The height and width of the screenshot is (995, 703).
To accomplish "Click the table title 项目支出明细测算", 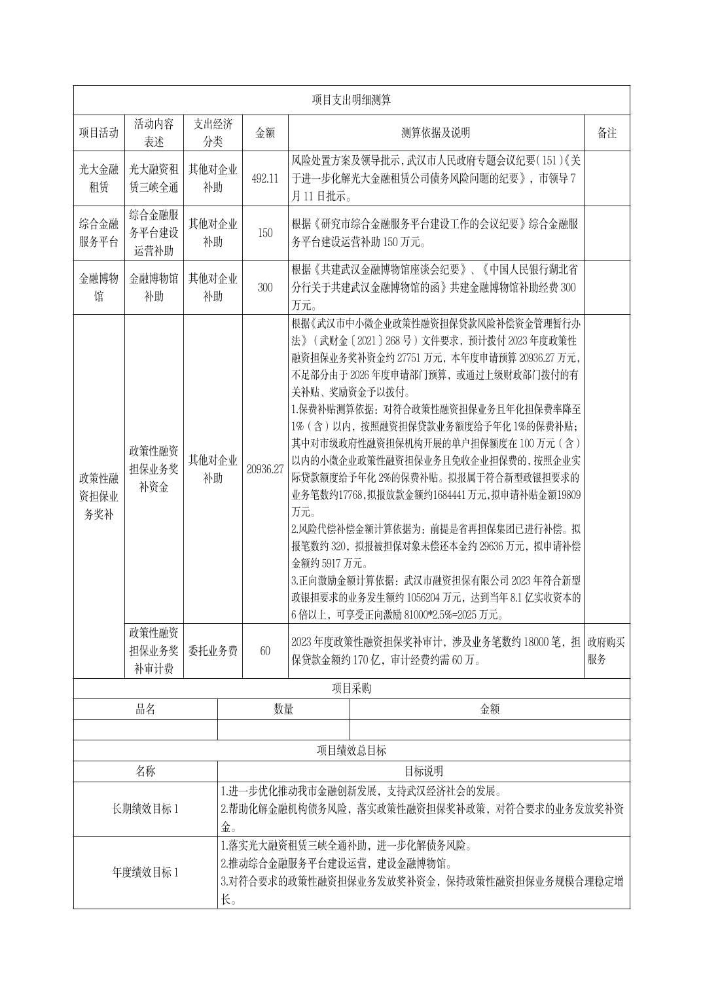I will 351,99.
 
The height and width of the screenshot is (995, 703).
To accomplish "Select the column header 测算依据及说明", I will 435,133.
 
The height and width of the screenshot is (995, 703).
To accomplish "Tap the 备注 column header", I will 607,133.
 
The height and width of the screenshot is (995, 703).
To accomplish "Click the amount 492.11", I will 265,178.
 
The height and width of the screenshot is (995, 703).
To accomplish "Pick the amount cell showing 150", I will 265,232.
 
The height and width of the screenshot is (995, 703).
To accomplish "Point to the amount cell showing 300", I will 265,287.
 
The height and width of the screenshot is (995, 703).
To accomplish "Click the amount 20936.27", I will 265,469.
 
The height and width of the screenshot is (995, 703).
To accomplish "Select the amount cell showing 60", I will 265,651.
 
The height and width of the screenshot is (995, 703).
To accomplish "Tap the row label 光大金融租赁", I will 99,178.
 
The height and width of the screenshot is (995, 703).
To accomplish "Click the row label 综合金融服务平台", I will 99,232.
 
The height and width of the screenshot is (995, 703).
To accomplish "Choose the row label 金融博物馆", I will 99,287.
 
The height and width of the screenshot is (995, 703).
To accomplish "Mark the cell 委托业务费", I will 213,651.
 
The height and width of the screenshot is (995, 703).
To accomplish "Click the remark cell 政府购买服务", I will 606,651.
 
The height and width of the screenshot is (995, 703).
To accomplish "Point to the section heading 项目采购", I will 351,689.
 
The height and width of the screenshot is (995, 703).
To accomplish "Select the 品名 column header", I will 145,709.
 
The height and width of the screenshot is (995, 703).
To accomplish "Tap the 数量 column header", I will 283,709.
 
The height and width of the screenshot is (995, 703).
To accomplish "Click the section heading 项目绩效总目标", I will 351,750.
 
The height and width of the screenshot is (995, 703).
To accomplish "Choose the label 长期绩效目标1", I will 145,808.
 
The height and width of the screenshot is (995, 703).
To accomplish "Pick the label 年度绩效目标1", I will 145,872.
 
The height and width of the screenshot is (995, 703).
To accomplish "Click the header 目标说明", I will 424,771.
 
